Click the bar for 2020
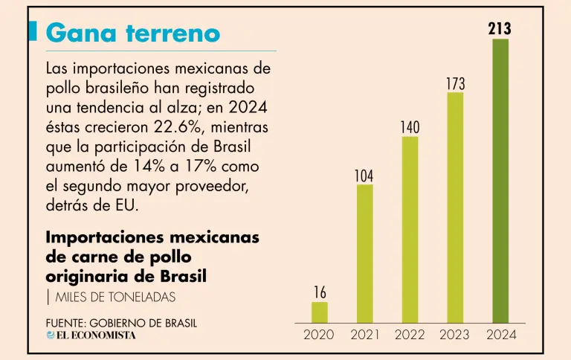(320, 312)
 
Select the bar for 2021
(364, 254)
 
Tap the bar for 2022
(410, 230)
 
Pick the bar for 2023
(455, 208)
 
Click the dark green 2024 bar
(500, 181)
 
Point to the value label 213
(500, 28)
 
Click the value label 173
(456, 84)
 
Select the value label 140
(410, 127)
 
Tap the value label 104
(364, 176)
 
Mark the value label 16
(320, 292)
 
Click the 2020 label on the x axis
(319, 335)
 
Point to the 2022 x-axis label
(410, 335)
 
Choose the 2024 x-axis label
(501, 335)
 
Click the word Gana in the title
(81, 33)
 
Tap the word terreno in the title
(173, 33)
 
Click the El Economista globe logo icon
(51, 335)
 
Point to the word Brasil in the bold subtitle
(183, 276)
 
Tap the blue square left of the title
(33, 31)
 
